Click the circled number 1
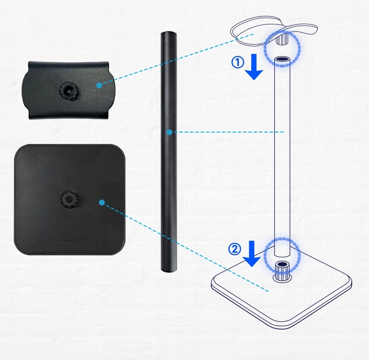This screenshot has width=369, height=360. [238, 63]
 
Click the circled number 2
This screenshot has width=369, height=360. [235, 249]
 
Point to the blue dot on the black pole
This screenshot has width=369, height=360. [169, 132]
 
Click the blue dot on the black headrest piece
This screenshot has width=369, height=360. [99, 84]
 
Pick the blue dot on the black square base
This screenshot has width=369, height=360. [102, 203]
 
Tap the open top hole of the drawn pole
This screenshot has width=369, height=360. [282, 59]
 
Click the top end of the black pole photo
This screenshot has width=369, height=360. [168, 35]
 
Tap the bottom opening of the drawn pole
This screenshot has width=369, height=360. [282, 255]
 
